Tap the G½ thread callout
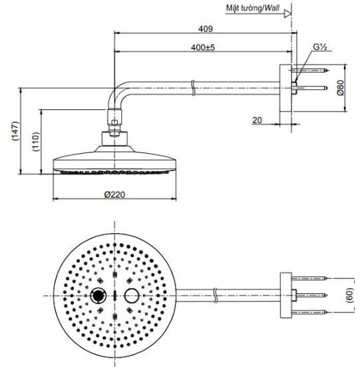(x=321, y=48)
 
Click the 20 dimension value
(x=257, y=120)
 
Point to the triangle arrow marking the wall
(x=289, y=11)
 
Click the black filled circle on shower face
(x=98, y=295)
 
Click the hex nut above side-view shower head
(x=116, y=122)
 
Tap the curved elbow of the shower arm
(x=118, y=93)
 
